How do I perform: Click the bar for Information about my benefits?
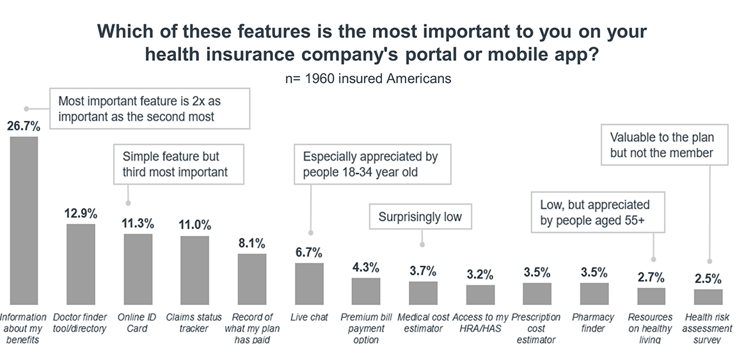[24, 221]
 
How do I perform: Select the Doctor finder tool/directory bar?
[81, 263]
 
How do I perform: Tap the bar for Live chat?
[309, 283]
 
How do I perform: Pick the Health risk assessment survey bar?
[708, 297]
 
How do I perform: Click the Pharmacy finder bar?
[594, 293]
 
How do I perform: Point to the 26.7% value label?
[24, 126]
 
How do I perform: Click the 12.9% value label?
[81, 212]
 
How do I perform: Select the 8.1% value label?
[252, 242]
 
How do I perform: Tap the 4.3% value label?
[366, 267]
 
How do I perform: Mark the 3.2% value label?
[480, 274]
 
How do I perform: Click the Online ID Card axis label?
[138, 323]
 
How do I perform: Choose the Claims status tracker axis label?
[194, 323]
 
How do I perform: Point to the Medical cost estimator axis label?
[423, 323]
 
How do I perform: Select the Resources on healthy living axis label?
[651, 329]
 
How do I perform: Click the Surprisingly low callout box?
[420, 217]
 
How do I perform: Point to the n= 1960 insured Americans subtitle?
[368, 79]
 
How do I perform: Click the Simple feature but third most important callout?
[175, 164]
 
